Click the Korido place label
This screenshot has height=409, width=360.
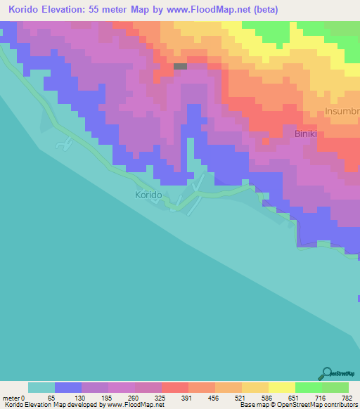click(x=148, y=195)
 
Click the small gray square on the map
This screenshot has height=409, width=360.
click(x=181, y=67)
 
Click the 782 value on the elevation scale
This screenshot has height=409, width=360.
click(x=347, y=397)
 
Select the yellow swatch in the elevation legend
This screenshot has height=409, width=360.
click(x=281, y=387)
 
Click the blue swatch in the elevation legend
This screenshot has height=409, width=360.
click(x=68, y=387)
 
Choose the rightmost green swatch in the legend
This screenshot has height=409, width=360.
click(x=335, y=387)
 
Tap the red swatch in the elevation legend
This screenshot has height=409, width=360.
click(x=174, y=387)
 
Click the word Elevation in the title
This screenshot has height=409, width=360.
click(x=66, y=10)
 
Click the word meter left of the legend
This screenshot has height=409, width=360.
click(x=10, y=397)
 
